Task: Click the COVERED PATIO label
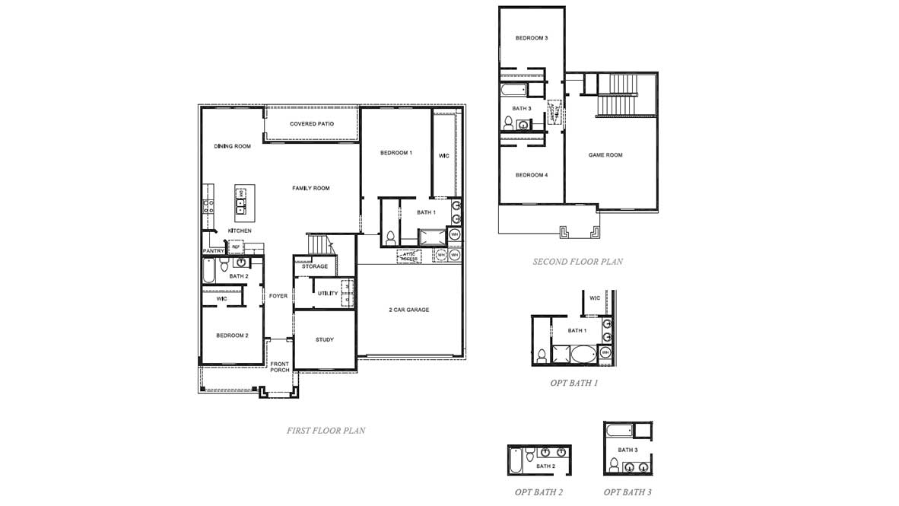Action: pyautogui.click(x=312, y=124)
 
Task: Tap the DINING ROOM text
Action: pyautogui.click(x=232, y=146)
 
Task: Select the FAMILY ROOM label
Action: pyautogui.click(x=311, y=188)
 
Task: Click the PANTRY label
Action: pyautogui.click(x=213, y=251)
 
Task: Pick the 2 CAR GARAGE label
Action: pyautogui.click(x=409, y=310)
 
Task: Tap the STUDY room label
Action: pyautogui.click(x=325, y=339)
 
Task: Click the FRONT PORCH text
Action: pyautogui.click(x=280, y=367)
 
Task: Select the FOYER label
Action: pyautogui.click(x=278, y=296)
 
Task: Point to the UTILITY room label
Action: pyautogui.click(x=328, y=293)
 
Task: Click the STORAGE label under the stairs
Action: pyautogui.click(x=315, y=266)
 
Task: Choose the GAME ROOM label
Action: pyautogui.click(x=605, y=154)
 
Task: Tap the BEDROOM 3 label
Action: pyautogui.click(x=531, y=38)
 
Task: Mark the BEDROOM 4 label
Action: pyautogui.click(x=531, y=175)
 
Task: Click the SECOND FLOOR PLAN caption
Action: pyautogui.click(x=577, y=262)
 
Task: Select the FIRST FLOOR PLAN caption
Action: pyautogui.click(x=326, y=431)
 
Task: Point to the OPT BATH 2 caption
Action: pyautogui.click(x=538, y=492)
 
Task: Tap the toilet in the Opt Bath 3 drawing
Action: pyautogui.click(x=613, y=463)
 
